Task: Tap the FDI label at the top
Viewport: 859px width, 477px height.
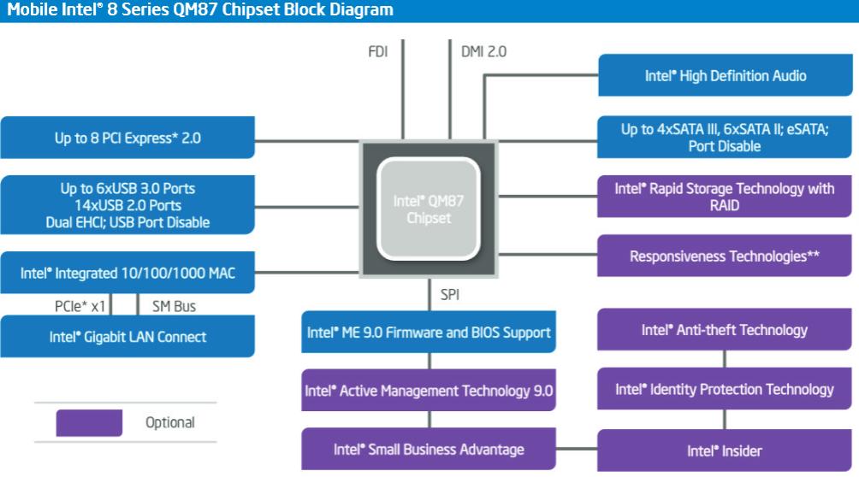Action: (x=377, y=51)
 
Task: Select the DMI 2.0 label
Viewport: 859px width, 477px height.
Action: (x=483, y=51)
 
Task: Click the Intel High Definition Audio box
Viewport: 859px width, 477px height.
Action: (x=726, y=75)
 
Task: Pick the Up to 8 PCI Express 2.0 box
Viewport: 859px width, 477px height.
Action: (x=127, y=137)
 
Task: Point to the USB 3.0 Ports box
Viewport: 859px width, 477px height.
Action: (x=127, y=205)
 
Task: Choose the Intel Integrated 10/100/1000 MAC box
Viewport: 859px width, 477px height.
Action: (x=127, y=274)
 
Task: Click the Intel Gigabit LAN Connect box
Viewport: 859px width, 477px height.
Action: (x=127, y=337)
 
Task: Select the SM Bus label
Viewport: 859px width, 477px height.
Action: (x=174, y=305)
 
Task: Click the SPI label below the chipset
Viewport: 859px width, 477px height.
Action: (x=451, y=295)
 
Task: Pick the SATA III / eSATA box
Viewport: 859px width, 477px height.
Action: (x=726, y=138)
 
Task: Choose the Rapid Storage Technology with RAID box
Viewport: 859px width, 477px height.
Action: (x=726, y=197)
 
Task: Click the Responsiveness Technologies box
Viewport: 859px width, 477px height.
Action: (x=726, y=256)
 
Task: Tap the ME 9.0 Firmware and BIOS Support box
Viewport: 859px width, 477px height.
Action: (x=429, y=332)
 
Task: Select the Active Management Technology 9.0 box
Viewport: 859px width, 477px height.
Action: (x=429, y=391)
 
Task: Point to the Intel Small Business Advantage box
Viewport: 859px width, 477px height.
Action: (x=429, y=450)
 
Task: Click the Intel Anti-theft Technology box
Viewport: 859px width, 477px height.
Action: (x=726, y=330)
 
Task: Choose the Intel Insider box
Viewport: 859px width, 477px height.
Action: (x=726, y=450)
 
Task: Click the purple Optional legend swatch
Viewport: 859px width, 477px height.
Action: (x=89, y=422)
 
